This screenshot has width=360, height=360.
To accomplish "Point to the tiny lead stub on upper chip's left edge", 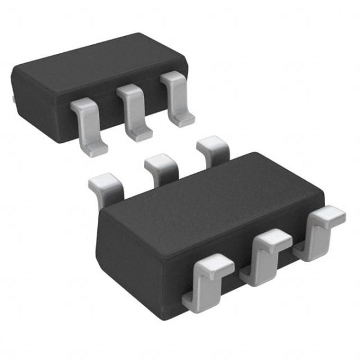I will click(13, 95).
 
